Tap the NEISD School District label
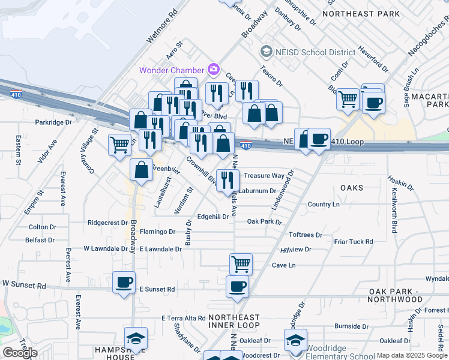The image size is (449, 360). click(x=308, y=52)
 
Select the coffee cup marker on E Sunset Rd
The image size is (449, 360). click(x=124, y=283)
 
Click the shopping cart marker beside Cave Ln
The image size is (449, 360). click(x=241, y=263)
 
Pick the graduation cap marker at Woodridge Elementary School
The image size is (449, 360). click(x=295, y=340)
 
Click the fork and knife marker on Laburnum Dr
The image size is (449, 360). click(x=228, y=179)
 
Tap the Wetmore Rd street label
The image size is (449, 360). click(x=162, y=26)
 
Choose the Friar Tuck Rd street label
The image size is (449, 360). click(x=354, y=242)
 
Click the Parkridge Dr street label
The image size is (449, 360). click(x=53, y=122)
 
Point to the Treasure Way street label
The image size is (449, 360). click(x=264, y=176)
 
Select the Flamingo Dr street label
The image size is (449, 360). click(x=157, y=232)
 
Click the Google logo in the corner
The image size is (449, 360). click(x=20, y=353)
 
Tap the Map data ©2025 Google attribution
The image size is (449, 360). click(x=412, y=355)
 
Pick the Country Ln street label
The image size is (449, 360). click(x=324, y=205)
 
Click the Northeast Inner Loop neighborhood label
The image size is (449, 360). click(x=234, y=322)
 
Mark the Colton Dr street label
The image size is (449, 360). click(x=43, y=227)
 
